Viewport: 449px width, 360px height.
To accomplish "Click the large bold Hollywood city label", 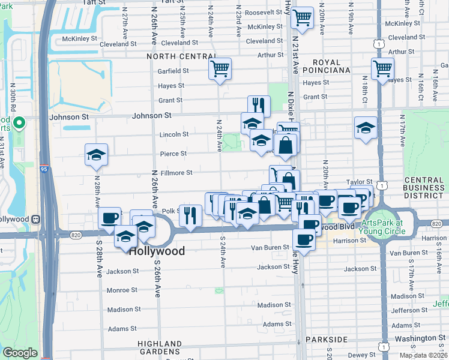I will [x=157, y=251].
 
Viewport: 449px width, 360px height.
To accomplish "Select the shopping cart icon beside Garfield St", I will [x=220, y=68].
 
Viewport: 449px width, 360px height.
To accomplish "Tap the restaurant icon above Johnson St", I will [x=259, y=105].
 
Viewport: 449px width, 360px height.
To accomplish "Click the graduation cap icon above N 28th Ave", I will [x=96, y=155].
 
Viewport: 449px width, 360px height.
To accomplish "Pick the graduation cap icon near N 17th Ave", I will [x=365, y=128].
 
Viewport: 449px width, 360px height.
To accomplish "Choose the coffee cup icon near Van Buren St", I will [x=304, y=239].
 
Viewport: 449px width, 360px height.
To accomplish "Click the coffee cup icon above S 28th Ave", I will [x=110, y=218].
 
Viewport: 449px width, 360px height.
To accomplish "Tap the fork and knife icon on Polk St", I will [x=190, y=215].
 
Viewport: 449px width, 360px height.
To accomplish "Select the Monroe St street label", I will [x=122, y=290].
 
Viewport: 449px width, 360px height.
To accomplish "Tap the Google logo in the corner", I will [x=19, y=353].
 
